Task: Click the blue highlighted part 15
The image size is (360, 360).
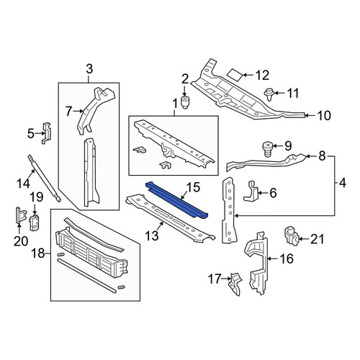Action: point(178,200)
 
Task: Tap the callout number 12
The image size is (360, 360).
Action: point(262,75)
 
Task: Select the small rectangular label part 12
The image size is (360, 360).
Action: point(235,75)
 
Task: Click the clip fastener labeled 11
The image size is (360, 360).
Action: point(269,94)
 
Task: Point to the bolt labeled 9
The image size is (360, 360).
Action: point(268,149)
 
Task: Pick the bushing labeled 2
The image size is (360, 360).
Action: point(184,102)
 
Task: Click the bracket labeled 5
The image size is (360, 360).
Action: point(47,133)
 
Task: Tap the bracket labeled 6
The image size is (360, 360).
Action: point(251,191)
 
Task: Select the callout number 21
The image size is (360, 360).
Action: point(318,239)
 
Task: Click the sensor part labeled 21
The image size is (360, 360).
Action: point(292,237)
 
